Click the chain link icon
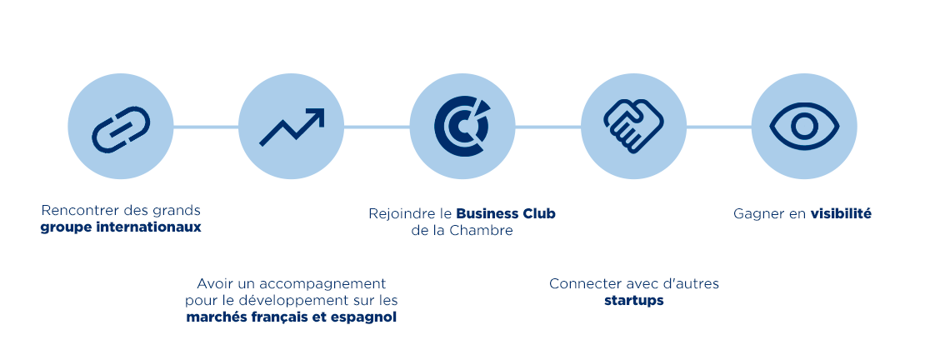click(x=121, y=127)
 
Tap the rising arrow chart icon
click(x=291, y=127)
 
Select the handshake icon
click(x=633, y=127)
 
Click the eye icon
click(x=804, y=127)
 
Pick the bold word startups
click(x=633, y=300)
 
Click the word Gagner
click(x=758, y=214)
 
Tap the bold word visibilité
click(x=841, y=214)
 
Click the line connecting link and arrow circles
click(x=206, y=127)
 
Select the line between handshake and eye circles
click(x=719, y=127)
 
